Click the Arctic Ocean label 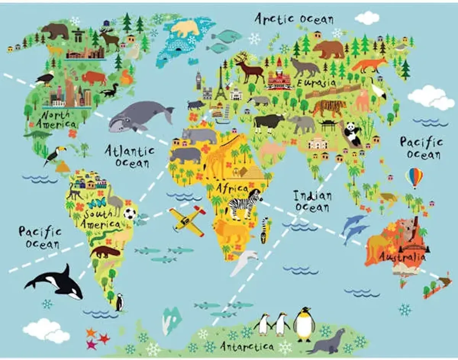pyautogui.click(x=294, y=19)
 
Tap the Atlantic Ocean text pyautogui.click(x=130, y=156)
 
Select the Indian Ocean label pyautogui.click(x=312, y=201)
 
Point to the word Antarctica pyautogui.click(x=247, y=346)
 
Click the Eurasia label pyautogui.click(x=316, y=83)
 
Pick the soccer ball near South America pyautogui.click(x=130, y=214)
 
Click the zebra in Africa pyautogui.click(x=244, y=204)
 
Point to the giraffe pyautogui.click(x=219, y=156)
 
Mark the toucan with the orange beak pyautogui.click(x=54, y=154)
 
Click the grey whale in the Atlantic pyautogui.click(x=137, y=115)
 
